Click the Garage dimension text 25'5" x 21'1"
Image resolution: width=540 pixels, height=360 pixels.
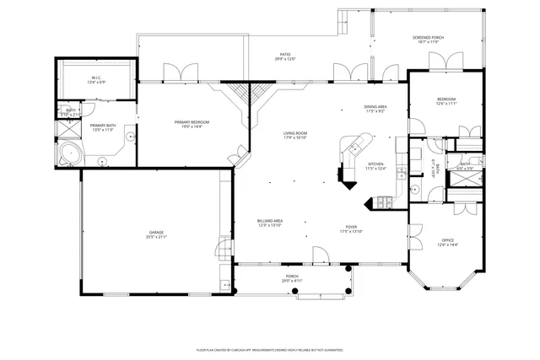pos(157,236)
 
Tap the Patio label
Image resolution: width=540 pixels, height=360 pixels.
pos(284,56)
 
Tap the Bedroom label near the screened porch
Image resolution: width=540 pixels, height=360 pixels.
pos(446,100)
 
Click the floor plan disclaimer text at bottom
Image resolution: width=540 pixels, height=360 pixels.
pos(269,348)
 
